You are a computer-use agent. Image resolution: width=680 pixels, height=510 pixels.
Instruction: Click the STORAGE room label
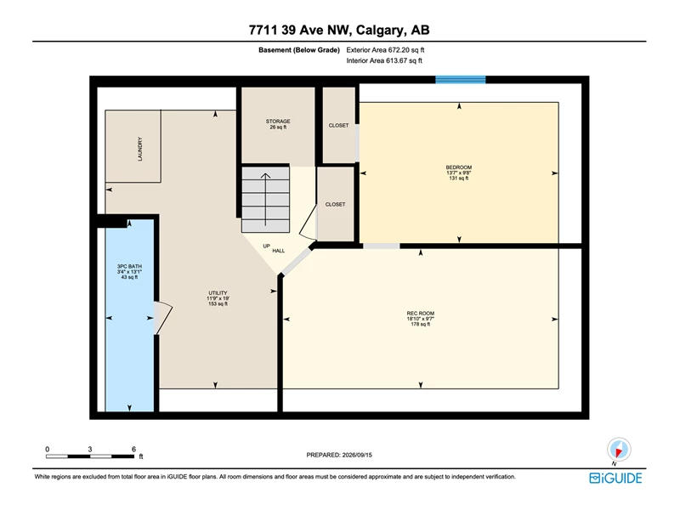point(278,122)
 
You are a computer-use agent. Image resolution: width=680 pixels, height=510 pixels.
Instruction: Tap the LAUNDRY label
point(139,150)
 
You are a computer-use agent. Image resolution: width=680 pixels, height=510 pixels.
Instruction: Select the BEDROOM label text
point(459,167)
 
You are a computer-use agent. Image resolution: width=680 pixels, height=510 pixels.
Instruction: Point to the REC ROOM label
point(420,313)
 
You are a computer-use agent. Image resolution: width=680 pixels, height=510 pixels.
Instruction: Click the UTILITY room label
point(218,293)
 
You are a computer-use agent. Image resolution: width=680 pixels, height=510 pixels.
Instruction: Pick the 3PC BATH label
point(129,266)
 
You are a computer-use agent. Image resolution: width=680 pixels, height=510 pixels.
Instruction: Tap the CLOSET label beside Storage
point(338,125)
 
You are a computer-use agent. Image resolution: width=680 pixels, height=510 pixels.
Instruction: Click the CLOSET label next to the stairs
point(335,204)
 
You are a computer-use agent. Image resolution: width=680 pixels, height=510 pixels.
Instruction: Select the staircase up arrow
point(265,199)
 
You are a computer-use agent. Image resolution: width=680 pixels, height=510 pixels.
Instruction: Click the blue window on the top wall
point(460,79)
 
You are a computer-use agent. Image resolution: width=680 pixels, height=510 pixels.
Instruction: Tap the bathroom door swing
point(163,318)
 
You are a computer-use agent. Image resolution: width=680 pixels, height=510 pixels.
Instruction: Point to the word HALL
point(279,251)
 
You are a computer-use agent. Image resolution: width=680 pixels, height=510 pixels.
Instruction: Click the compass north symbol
point(619,450)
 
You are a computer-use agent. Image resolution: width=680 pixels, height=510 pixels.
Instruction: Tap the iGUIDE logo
point(615,478)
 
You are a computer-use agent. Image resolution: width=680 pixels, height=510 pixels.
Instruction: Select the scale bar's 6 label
point(133,450)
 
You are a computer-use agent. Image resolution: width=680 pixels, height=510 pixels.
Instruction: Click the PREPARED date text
point(339,455)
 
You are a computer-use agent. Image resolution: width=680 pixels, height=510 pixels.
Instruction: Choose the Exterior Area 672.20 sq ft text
point(385,50)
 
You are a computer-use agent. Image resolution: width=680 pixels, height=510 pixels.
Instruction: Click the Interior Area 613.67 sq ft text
point(384,60)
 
